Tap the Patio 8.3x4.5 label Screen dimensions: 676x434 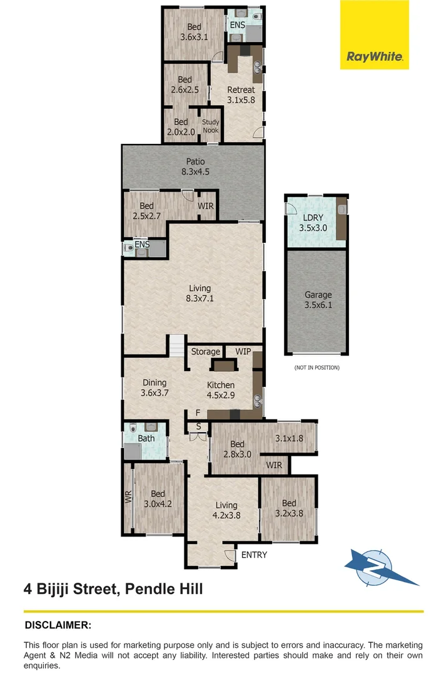point(194,166)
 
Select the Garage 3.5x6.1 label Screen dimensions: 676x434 point(318,300)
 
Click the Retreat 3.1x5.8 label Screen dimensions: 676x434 point(241,95)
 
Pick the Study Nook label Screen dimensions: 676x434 point(211,126)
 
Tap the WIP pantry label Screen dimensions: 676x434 point(243,352)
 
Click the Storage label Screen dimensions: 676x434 point(206,352)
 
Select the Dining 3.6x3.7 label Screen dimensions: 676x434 point(154,388)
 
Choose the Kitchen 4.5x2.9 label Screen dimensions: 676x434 point(221,390)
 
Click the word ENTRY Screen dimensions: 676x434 point(254,555)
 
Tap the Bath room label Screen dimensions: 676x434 point(146,438)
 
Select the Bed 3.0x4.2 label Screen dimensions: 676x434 point(158,499)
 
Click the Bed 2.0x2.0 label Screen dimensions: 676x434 point(181,127)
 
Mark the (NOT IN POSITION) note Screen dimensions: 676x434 point(317,367)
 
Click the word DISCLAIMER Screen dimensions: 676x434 point(58,625)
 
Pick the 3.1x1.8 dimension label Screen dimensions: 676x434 point(289,438)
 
